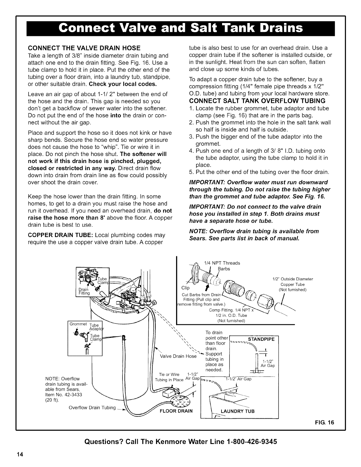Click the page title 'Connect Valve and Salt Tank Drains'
click(x=180, y=28)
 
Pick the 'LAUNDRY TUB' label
click(x=237, y=411)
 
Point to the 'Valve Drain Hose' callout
click(x=178, y=356)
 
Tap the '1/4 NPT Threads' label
click(x=222, y=263)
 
